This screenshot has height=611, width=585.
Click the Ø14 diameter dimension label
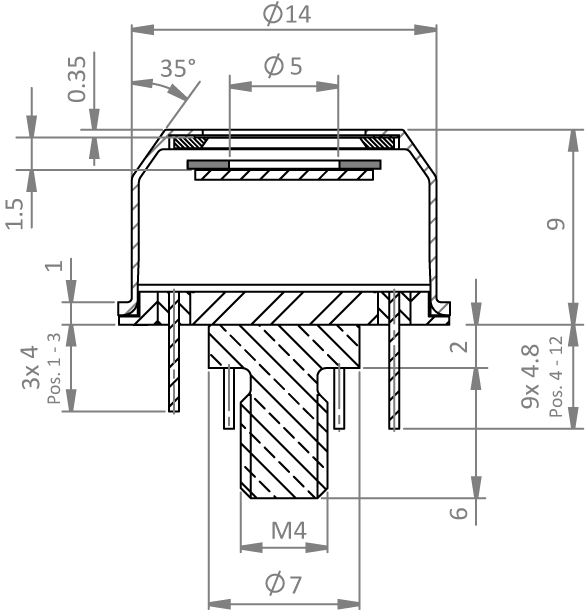[x=287, y=14]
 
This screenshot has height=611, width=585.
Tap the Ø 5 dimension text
[x=283, y=65]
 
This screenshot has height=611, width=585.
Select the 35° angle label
[x=178, y=68]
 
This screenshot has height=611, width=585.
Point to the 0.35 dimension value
[x=76, y=79]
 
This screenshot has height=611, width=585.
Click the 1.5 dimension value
[x=15, y=213]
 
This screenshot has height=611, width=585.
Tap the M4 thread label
[x=289, y=530]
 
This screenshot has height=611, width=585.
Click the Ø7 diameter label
[x=283, y=583]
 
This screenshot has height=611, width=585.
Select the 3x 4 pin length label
[x=31, y=367]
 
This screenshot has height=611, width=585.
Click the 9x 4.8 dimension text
[x=530, y=376]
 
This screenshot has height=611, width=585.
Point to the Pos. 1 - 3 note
[x=54, y=368]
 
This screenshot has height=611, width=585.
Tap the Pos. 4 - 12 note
[x=556, y=376]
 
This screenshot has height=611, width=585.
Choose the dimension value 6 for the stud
[x=459, y=512]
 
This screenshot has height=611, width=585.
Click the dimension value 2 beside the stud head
[x=459, y=346]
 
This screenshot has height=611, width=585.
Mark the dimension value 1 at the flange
[x=54, y=265]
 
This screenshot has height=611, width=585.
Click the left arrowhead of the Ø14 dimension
[x=143, y=30]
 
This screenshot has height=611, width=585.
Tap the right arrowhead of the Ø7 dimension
[x=348, y=604]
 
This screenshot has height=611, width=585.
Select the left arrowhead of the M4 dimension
[x=252, y=547]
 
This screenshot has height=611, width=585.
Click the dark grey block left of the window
[x=208, y=164]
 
